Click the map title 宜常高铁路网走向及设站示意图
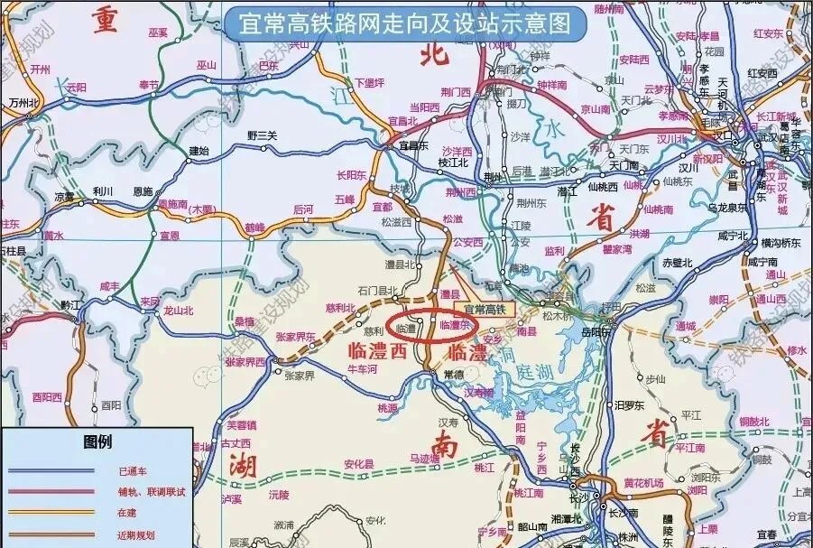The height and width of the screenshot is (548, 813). point(406,21)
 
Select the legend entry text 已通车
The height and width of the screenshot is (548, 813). point(131,471)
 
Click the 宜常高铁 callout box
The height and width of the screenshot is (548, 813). point(486,309)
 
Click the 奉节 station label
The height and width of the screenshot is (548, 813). point(148,84)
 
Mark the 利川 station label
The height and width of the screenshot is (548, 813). point(101,191)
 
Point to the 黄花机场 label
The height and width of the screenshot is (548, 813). point(642,482)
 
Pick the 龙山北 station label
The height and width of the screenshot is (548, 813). point(178,310)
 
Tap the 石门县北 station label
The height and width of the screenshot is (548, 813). point(377,291)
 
